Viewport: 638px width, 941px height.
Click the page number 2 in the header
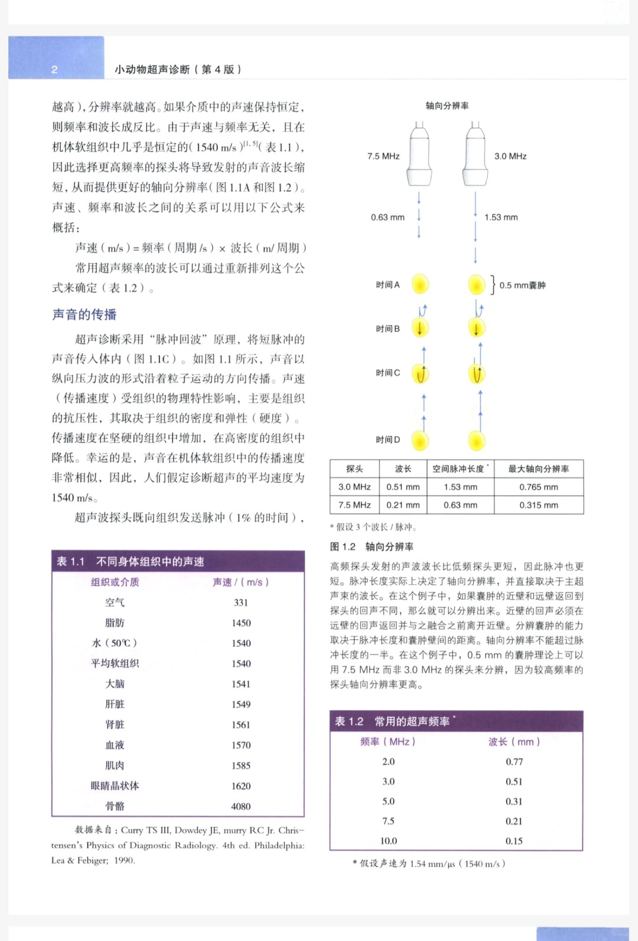[x=54, y=70]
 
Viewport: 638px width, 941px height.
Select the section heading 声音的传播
[x=84, y=315]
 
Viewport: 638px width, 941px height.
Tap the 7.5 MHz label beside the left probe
[x=383, y=157]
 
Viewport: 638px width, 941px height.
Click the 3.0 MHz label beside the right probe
[x=510, y=157]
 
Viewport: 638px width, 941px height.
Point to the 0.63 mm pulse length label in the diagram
[x=388, y=217]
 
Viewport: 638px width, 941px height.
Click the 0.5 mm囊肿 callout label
[x=522, y=285]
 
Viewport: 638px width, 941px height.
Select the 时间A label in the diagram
[x=388, y=285]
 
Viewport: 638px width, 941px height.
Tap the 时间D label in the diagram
[x=388, y=439]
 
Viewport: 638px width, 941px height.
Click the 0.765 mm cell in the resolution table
[x=538, y=487]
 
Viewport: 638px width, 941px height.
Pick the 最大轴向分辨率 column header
[x=538, y=469]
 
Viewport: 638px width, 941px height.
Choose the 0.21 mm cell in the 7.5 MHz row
[x=403, y=505]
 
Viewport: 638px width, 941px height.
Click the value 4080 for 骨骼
[x=241, y=806]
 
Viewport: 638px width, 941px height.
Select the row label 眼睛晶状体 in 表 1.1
[x=115, y=786]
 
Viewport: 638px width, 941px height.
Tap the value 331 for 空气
[x=241, y=603]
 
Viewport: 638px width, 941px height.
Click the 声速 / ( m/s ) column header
[x=240, y=582]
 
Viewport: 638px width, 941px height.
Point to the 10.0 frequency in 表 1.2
[x=388, y=841]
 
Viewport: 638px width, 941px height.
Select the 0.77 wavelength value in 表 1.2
[x=514, y=762]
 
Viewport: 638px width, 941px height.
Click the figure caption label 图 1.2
[x=343, y=547]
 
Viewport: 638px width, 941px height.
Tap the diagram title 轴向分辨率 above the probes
[x=447, y=106]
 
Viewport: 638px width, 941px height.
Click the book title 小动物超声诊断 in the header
[x=152, y=70]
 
